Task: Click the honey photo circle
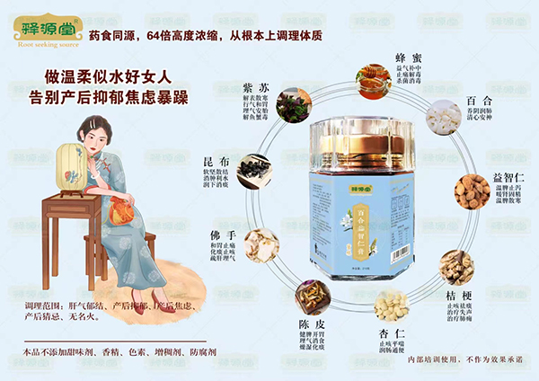point(374,80)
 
